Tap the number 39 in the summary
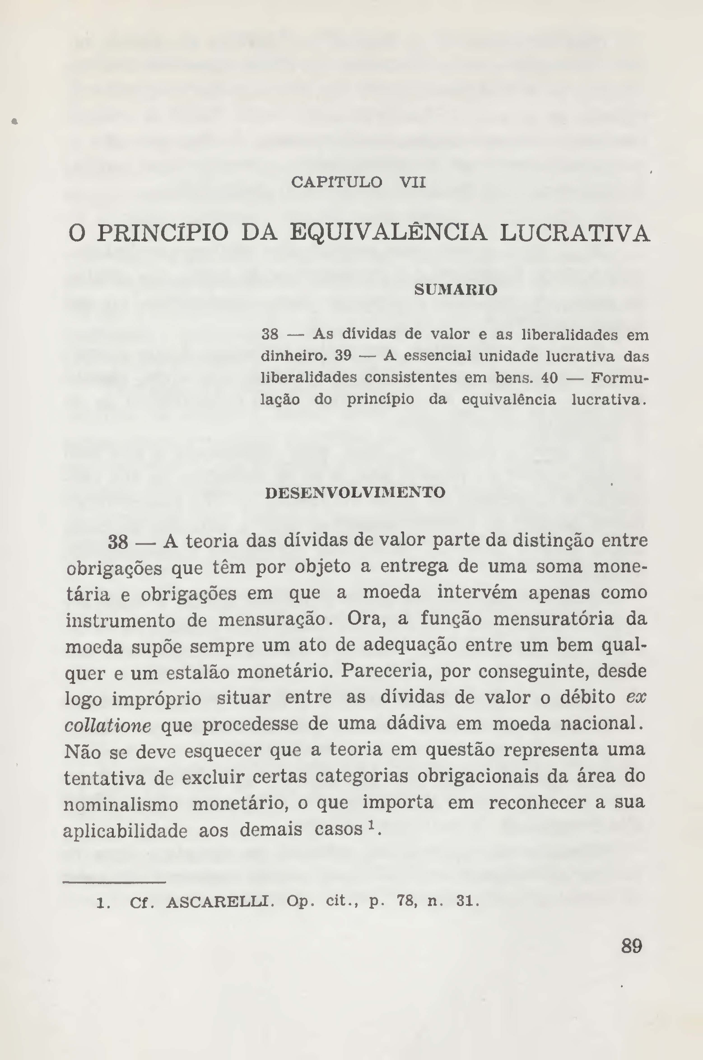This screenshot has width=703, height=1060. [x=343, y=356]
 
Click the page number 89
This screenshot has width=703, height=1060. [x=632, y=946]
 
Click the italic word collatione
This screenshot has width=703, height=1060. [x=108, y=725]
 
